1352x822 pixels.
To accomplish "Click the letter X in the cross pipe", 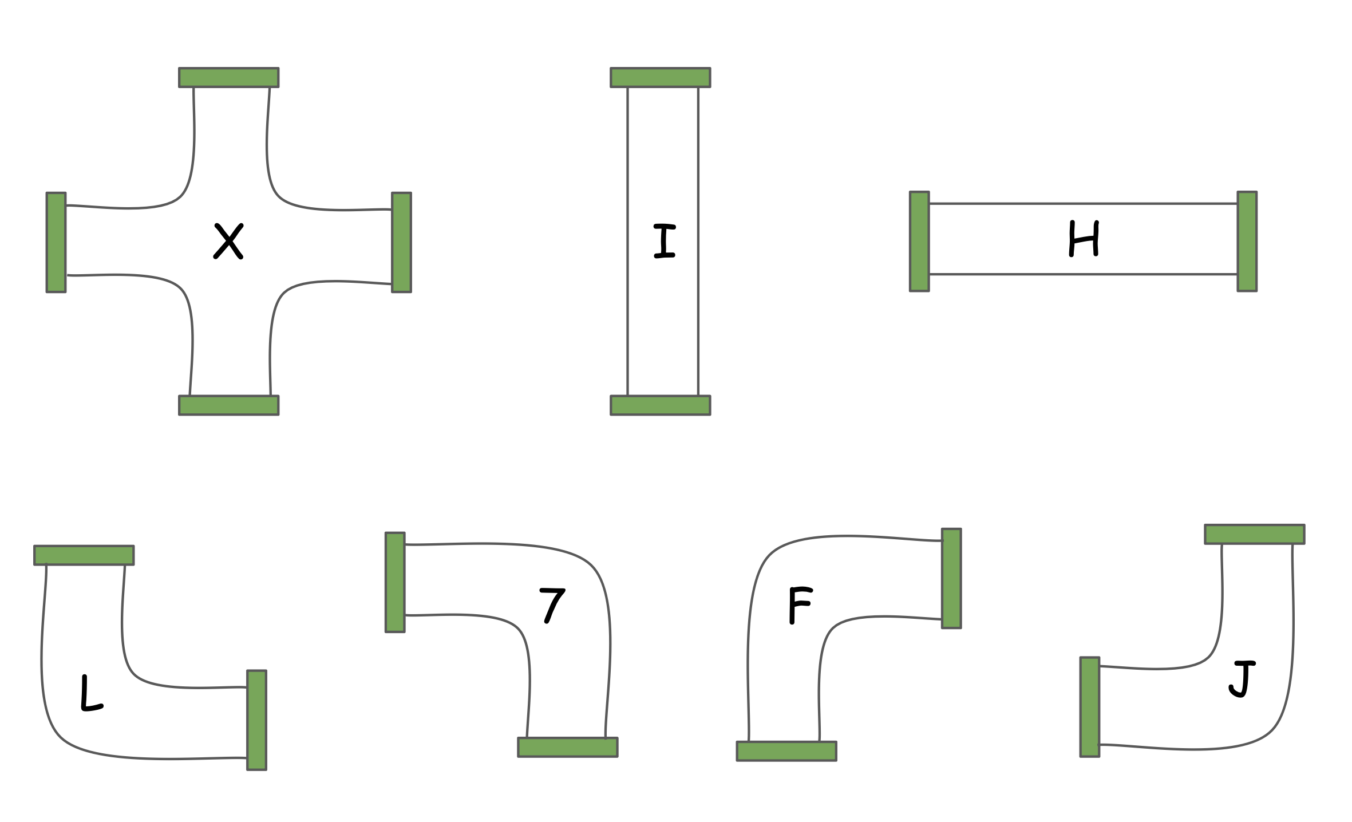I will (x=228, y=241).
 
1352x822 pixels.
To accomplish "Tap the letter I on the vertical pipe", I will (x=664, y=241).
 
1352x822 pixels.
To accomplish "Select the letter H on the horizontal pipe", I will (x=1084, y=239).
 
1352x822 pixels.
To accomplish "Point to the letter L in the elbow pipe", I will (x=90, y=693).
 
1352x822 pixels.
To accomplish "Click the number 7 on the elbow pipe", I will (x=552, y=606).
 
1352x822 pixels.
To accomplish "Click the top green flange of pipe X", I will (x=228, y=77).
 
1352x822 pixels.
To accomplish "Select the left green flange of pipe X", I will (x=56, y=242).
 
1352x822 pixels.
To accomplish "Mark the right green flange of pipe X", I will (x=401, y=242).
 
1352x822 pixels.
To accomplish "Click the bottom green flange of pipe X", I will (x=228, y=405).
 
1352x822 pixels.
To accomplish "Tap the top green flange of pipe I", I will (x=660, y=77).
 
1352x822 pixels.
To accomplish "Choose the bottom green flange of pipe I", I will (x=660, y=405).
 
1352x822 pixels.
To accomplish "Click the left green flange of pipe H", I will (x=919, y=242).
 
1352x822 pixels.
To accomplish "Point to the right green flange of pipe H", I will (x=1247, y=242).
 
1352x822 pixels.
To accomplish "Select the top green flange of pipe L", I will (x=84, y=555).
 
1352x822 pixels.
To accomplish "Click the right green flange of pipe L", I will (x=256, y=720).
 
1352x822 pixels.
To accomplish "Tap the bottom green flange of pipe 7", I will (x=567, y=747).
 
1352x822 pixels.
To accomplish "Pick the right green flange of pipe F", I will (x=951, y=578).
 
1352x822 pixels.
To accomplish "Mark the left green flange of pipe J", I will (x=1090, y=707).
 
